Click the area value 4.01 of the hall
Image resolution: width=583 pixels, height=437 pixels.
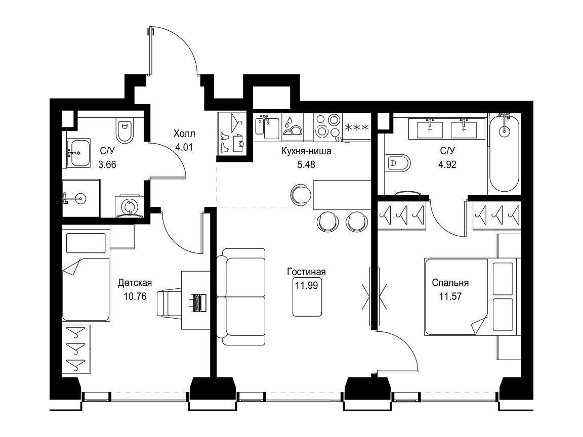184,147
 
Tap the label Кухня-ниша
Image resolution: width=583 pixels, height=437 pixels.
306,151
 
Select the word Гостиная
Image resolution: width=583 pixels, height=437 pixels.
306,272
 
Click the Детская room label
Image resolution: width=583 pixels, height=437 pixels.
135,283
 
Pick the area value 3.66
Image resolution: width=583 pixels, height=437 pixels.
107,164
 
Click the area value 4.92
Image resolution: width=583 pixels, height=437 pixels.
447,164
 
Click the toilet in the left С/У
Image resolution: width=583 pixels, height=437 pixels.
124,130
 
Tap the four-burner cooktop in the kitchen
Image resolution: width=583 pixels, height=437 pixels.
327,127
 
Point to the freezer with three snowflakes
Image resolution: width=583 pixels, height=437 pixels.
357,127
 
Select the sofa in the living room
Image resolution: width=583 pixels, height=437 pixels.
241,297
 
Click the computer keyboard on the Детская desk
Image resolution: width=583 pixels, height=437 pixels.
197,302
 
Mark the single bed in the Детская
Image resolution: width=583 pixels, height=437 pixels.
86,276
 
